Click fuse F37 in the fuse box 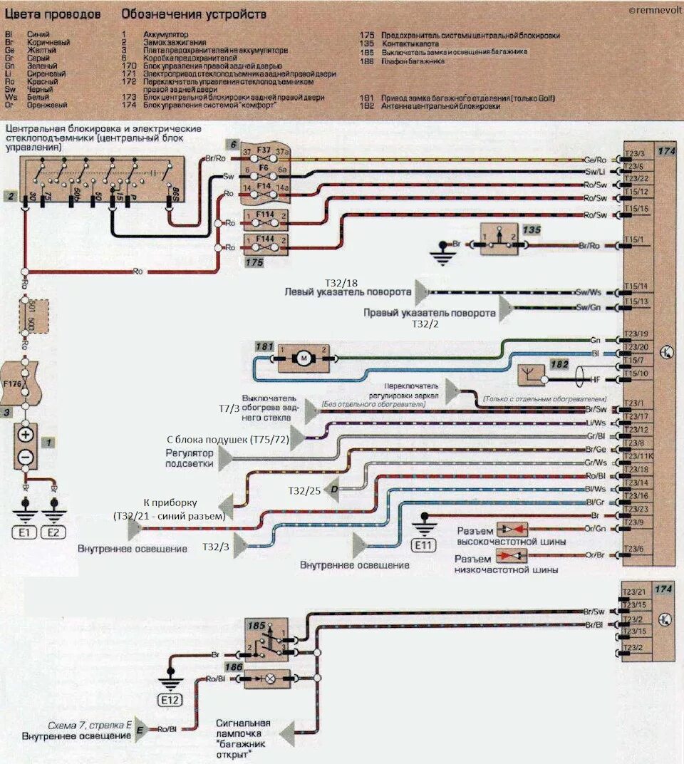coord(264,152)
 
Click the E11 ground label coord(424,546)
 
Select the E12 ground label coord(170,701)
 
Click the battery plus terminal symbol coord(26,434)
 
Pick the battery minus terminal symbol coord(26,456)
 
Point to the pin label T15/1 coord(634,239)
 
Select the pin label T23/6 coord(634,549)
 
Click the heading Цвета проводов coord(53,14)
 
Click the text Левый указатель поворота coord(348,292)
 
